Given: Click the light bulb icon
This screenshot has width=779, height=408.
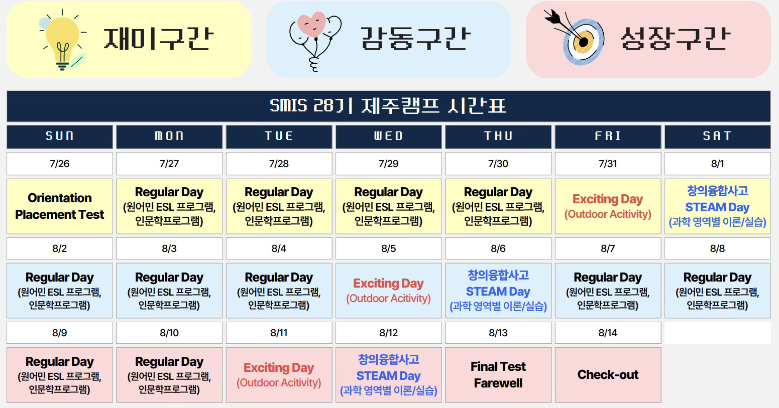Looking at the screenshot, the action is pyautogui.click(x=63, y=40).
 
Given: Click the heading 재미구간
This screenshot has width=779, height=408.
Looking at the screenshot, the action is pyautogui.click(x=159, y=39).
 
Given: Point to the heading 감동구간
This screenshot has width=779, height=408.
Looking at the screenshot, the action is pyautogui.click(x=415, y=39).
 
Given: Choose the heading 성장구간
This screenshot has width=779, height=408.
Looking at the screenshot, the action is pyautogui.click(x=676, y=39).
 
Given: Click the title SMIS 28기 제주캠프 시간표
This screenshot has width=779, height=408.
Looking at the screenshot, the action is pyautogui.click(x=388, y=106).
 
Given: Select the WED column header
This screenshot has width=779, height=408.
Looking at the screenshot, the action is pyautogui.click(x=388, y=137).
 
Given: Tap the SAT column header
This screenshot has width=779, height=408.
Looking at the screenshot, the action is pyautogui.click(x=717, y=137).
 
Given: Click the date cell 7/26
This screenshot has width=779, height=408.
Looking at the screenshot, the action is pyautogui.click(x=59, y=163).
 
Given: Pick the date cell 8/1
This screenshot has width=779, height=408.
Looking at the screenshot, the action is pyautogui.click(x=717, y=163).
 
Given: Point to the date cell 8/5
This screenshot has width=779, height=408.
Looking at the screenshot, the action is pyautogui.click(x=388, y=248).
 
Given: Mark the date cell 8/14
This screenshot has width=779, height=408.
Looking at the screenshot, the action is pyautogui.click(x=608, y=333).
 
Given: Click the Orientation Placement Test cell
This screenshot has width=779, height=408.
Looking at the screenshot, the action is pyautogui.click(x=59, y=206).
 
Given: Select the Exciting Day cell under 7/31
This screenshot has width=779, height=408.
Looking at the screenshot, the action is pyautogui.click(x=608, y=206).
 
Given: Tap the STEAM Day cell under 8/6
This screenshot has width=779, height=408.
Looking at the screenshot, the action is pyautogui.click(x=498, y=291).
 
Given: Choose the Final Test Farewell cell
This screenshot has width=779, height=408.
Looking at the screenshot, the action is pyautogui.click(x=498, y=375).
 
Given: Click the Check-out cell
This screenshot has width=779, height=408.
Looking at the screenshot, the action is pyautogui.click(x=608, y=375).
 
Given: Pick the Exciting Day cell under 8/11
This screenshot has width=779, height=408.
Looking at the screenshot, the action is pyautogui.click(x=279, y=375).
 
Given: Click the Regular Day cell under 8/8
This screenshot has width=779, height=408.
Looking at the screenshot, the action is pyautogui.click(x=717, y=291).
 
